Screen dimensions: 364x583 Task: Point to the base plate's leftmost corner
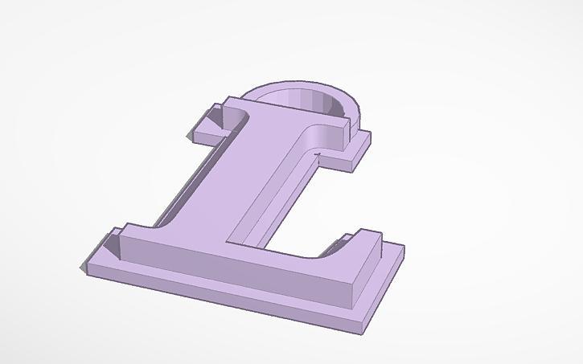[x=80, y=268]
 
